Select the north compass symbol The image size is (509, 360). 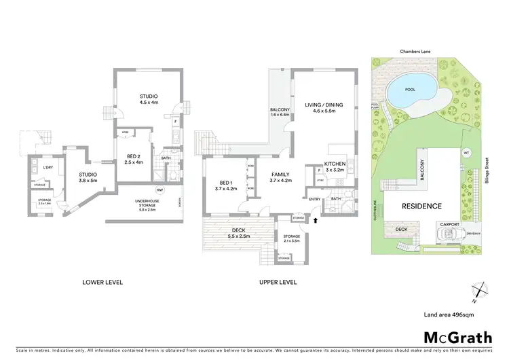pyautogui.click(x=480, y=290)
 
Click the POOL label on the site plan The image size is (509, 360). pyautogui.click(x=409, y=89)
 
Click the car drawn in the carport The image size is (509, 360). pyautogui.click(x=449, y=235)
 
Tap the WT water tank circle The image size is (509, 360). pyautogui.click(x=467, y=152)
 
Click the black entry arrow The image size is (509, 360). pyautogui.click(x=315, y=220)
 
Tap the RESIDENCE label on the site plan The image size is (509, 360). pyautogui.click(x=421, y=206)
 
